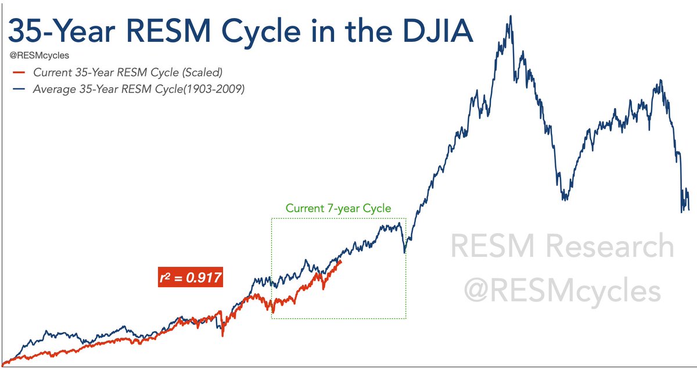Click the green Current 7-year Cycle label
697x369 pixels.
[x=338, y=208]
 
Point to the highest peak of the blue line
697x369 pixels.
[x=511, y=16]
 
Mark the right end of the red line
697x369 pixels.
[x=341, y=261]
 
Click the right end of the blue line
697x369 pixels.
[x=689, y=209]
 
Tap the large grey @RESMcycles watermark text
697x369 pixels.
[x=562, y=291]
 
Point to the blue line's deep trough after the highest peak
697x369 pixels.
[x=564, y=199]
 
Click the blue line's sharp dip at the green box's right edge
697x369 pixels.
[x=405, y=251]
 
